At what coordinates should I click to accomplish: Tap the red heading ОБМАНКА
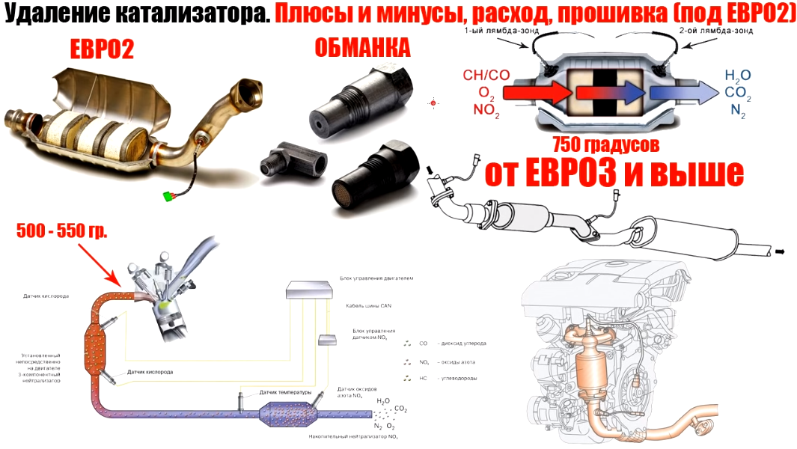[x=363, y=49]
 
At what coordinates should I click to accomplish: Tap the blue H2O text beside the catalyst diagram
[x=738, y=75]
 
